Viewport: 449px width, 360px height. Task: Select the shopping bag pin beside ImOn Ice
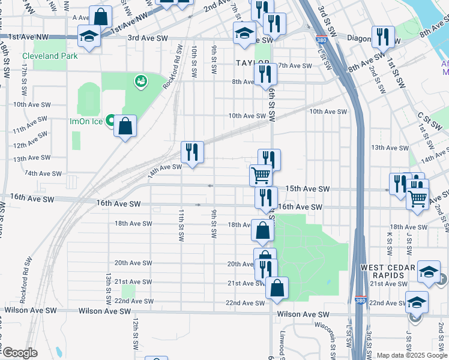click(x=125, y=127)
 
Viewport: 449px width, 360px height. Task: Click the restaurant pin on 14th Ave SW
click(x=192, y=153)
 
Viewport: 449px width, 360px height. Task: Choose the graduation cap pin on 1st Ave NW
click(x=89, y=38)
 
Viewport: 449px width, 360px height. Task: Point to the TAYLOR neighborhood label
click(x=252, y=62)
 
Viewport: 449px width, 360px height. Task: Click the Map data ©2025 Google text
click(x=412, y=355)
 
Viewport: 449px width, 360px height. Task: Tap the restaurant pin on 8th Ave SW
click(x=265, y=75)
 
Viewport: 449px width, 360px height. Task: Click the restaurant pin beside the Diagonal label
click(x=382, y=37)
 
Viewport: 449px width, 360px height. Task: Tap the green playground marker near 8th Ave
click(x=141, y=80)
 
